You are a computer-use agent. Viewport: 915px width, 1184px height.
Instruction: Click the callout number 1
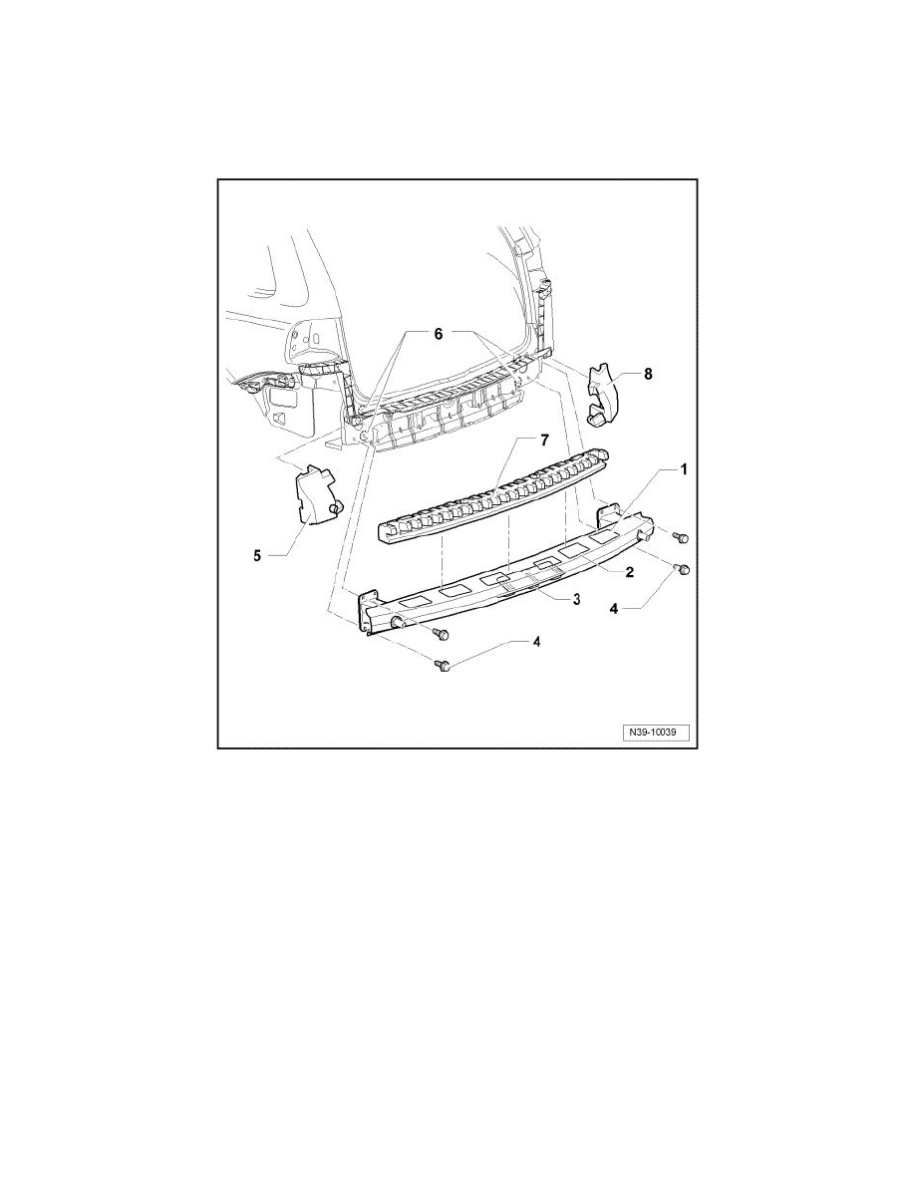coord(683,467)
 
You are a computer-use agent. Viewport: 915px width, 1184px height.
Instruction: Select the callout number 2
coord(630,572)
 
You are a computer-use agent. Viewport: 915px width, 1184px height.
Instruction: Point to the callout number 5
coord(256,556)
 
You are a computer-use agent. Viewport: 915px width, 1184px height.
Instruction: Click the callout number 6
coord(436,336)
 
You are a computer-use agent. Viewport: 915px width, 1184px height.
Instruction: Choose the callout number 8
coord(648,375)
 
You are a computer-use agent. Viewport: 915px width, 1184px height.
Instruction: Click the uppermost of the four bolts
coord(681,537)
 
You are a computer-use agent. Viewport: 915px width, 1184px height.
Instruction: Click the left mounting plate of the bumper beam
coord(369,610)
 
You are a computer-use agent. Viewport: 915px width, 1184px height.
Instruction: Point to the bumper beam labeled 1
coord(498,578)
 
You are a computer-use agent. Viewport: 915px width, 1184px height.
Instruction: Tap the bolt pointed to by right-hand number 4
coord(682,569)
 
